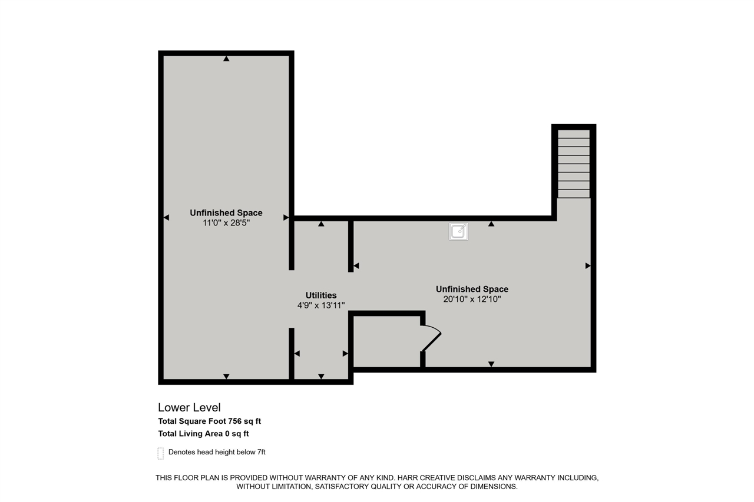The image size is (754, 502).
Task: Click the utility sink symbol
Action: point(458,231)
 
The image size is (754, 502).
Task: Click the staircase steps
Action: point(574,164)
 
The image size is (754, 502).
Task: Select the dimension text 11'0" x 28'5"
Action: point(226,223)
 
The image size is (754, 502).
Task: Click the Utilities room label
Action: point(321,295)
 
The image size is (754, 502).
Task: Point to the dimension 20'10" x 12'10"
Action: point(472,299)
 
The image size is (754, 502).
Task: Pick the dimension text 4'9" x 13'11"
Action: point(321,305)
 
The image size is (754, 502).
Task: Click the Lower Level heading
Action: point(189,407)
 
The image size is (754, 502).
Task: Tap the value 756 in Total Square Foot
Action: point(235,421)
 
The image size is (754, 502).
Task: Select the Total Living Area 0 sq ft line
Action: point(203,434)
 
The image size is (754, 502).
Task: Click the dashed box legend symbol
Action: point(160,453)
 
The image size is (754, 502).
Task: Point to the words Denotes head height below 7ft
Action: point(217,452)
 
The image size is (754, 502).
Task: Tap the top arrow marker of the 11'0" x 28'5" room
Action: point(226,58)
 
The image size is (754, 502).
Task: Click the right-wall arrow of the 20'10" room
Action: point(587,266)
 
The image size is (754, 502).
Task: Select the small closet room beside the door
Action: point(386,341)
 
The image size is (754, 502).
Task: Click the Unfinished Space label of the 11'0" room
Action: point(226,213)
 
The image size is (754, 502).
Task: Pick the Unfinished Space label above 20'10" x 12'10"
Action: point(472,289)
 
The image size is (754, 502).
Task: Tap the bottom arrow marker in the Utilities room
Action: point(321,376)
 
